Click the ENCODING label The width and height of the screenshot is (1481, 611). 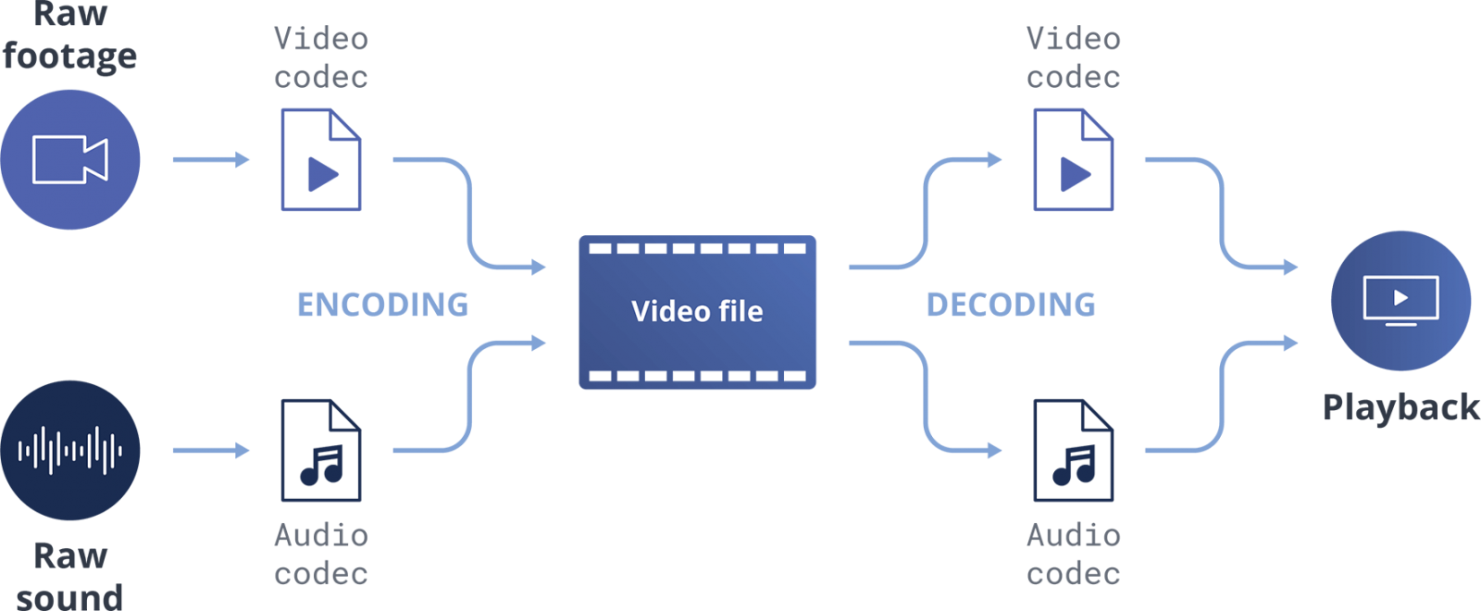(382, 305)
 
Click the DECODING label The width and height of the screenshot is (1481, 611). (1011, 305)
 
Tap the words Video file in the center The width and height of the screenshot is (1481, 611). (697, 311)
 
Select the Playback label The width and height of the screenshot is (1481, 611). (1400, 407)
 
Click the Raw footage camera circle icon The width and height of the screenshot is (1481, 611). (70, 159)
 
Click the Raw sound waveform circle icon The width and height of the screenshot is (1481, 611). (70, 451)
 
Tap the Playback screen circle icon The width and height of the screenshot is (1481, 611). (1400, 300)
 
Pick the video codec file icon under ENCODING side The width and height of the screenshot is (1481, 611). (321, 159)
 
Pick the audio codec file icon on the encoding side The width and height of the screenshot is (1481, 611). (321, 451)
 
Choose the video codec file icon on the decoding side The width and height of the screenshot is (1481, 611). (1074, 159)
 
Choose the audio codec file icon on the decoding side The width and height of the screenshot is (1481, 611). (1074, 451)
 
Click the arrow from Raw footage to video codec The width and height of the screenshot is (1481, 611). (211, 159)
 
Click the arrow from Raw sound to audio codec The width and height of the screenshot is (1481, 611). (211, 451)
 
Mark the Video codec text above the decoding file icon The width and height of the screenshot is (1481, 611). (1074, 57)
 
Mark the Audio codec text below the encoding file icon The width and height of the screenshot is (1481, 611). (321, 555)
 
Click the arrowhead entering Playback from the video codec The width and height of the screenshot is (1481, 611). (1290, 268)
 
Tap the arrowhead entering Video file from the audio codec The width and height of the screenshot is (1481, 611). (539, 343)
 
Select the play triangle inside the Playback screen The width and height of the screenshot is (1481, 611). (1401, 297)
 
